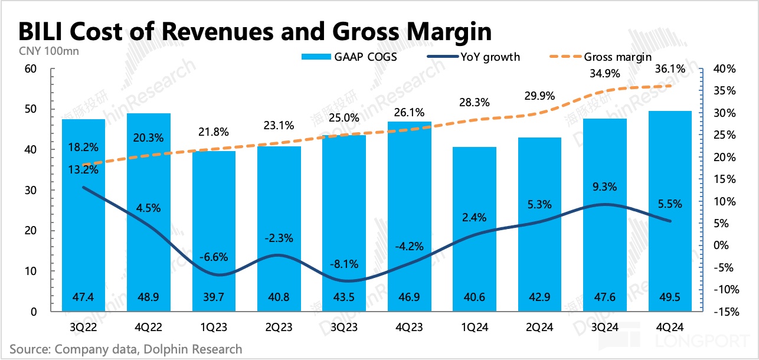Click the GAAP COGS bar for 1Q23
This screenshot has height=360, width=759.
coord(214,236)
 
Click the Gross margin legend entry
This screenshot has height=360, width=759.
coord(617,57)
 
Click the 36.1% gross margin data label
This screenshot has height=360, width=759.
coord(670,69)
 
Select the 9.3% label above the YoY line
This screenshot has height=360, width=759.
coord(605,187)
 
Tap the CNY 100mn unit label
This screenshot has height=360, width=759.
coord(45,50)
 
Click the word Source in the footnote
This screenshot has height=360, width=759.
coord(30,349)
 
